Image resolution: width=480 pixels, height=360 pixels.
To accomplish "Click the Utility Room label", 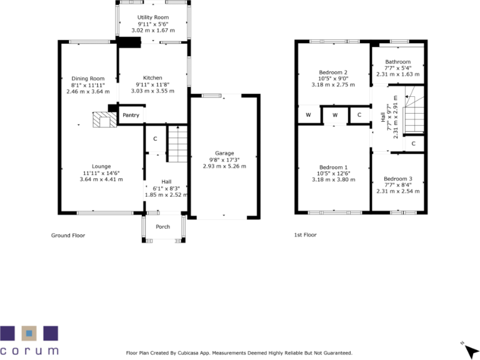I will [x=153, y=17].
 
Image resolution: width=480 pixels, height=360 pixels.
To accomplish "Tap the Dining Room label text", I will [x=87, y=78].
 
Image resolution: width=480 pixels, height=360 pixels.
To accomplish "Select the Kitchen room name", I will [x=152, y=78].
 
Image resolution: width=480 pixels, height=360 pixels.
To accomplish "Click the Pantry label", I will [x=131, y=115].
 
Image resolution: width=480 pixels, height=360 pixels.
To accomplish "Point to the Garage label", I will [x=224, y=153].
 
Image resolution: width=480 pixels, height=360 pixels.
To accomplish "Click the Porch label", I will [x=162, y=226].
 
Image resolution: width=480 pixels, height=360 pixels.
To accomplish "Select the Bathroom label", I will [x=397, y=62].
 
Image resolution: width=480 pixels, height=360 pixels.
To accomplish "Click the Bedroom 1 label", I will [x=333, y=167].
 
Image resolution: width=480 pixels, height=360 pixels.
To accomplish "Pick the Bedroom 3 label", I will [x=397, y=179].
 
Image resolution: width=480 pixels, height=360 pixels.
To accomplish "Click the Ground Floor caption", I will [x=68, y=236].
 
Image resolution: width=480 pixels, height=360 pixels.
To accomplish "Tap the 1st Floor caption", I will [x=306, y=236].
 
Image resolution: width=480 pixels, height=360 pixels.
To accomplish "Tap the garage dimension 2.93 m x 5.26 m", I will [x=224, y=166].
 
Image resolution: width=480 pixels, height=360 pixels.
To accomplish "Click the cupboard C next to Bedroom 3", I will [x=413, y=144].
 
